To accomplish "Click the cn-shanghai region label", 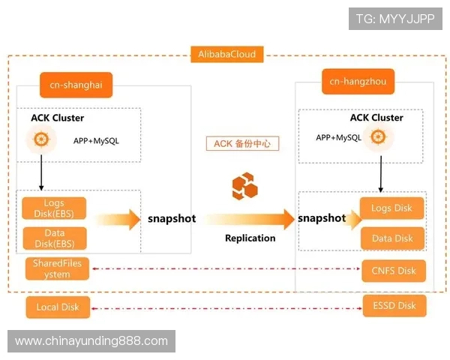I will pyautogui.click(x=76, y=85).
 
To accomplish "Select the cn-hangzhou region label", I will pyautogui.click(x=358, y=81).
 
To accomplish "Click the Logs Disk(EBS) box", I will pyautogui.click(x=54, y=208).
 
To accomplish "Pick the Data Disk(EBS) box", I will pyautogui.click(x=54, y=238).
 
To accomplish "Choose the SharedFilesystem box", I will pyautogui.click(x=57, y=268).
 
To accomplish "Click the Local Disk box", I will pyautogui.click(x=57, y=307).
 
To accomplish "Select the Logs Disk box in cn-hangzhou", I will pyautogui.click(x=392, y=208).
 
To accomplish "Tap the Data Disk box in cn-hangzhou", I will pyautogui.click(x=392, y=238).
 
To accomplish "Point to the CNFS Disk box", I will pyautogui.click(x=393, y=270).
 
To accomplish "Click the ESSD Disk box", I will pyautogui.click(x=393, y=305).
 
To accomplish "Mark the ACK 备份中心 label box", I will pyautogui.click(x=241, y=143).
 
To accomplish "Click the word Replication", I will pyautogui.click(x=250, y=238).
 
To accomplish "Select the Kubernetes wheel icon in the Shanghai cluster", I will pyautogui.click(x=41, y=139).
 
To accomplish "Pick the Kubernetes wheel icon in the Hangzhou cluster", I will pyautogui.click(x=379, y=137).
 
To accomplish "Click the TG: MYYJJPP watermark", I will pyautogui.click(x=395, y=19).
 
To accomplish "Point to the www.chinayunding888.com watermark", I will pyautogui.click(x=92, y=341).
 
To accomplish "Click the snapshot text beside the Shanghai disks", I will pyautogui.click(x=172, y=219).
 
